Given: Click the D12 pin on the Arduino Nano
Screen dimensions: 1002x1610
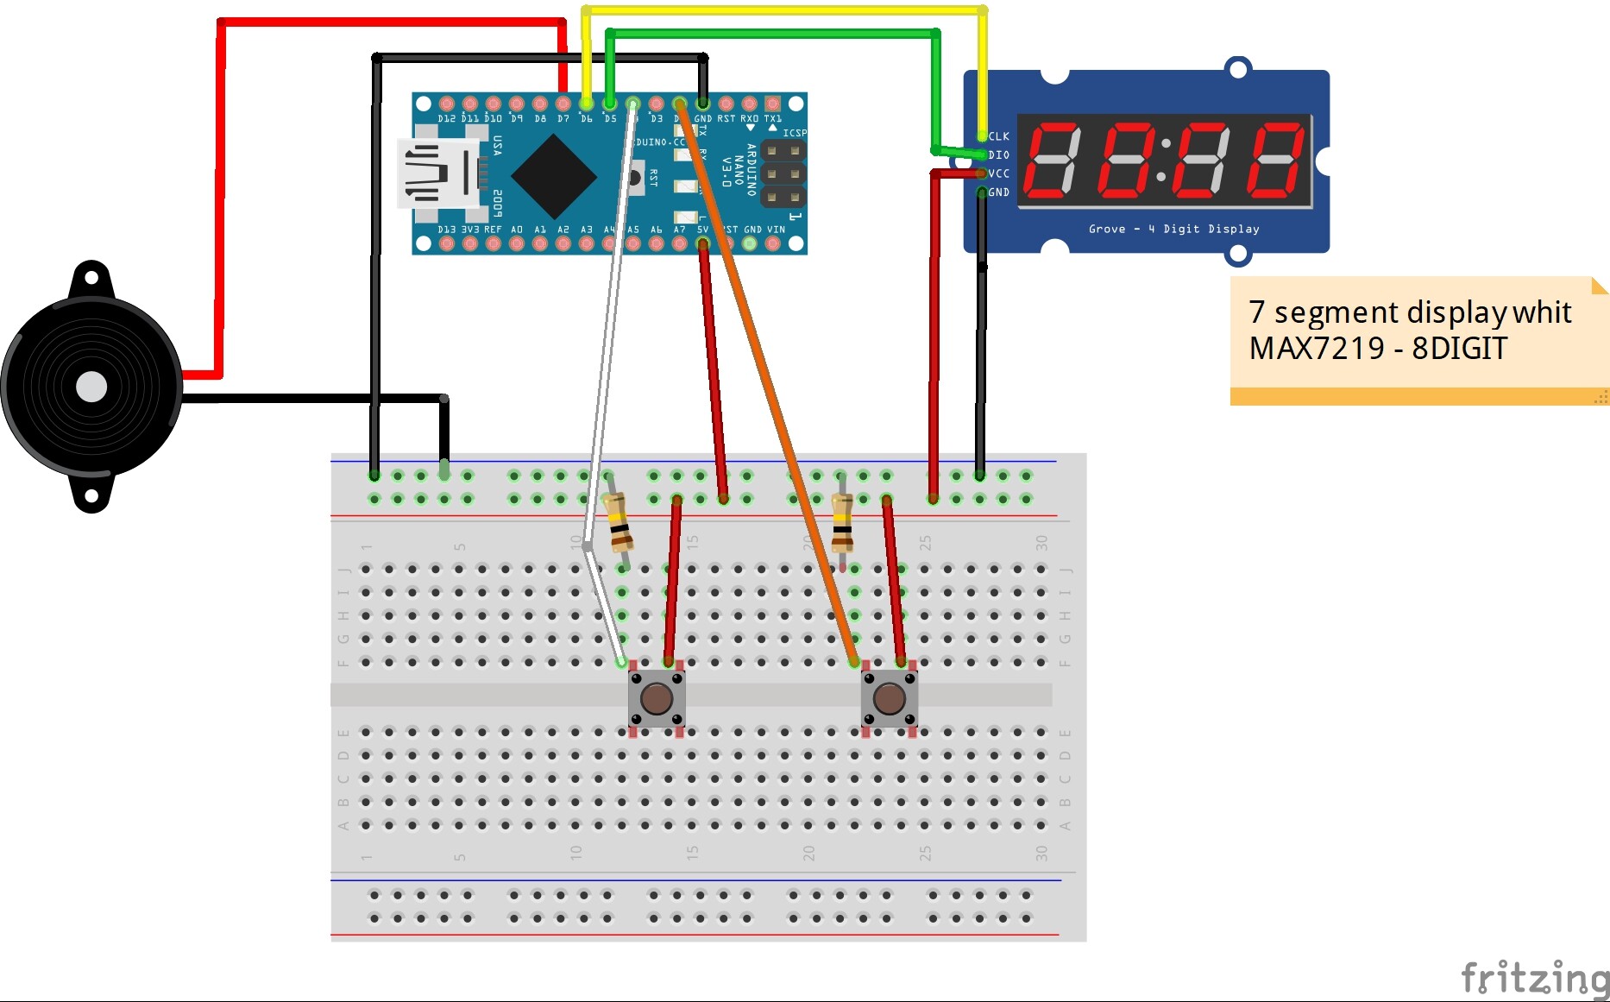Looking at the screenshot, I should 447,104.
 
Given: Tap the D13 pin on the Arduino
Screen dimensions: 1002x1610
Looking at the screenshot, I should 447,243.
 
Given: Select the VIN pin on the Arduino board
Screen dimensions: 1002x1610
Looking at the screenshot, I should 774,243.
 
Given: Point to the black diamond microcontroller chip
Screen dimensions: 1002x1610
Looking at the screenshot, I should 553,176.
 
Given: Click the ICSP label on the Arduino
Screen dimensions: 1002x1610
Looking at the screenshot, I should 794,133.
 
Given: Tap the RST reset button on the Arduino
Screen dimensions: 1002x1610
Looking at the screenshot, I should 635,178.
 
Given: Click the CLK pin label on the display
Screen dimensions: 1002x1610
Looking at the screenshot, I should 999,136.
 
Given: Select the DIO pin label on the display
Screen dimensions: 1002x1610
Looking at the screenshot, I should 999,155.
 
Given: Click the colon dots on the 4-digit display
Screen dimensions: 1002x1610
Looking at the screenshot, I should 1163,161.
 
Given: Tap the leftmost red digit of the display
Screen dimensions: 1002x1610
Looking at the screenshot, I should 1052,161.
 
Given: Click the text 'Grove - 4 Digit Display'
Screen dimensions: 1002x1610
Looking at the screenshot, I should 1173,230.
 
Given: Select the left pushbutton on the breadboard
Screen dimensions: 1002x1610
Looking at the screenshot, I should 657,698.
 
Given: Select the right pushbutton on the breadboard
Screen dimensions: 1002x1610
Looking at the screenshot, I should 890,698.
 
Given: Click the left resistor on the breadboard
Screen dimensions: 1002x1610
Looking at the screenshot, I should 618,523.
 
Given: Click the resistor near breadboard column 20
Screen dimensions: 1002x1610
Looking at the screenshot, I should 842,523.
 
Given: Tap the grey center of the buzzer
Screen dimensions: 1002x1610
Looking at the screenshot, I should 91,387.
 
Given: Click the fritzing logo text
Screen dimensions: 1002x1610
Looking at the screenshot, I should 1534,979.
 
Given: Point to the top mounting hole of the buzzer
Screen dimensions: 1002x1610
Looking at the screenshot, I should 91,278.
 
